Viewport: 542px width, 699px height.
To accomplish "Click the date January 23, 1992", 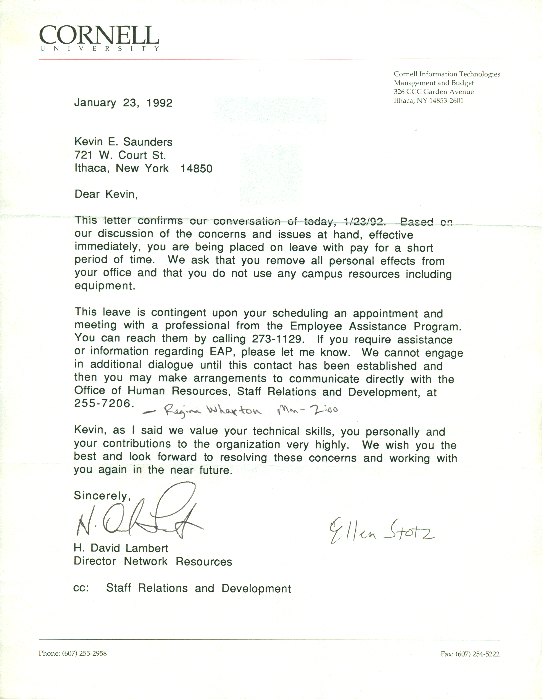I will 123,103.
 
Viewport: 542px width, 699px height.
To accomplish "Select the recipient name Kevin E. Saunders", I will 123,142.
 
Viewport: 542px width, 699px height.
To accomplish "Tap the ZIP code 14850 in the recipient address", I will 196,169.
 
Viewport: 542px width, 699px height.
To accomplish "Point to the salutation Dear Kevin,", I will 106,194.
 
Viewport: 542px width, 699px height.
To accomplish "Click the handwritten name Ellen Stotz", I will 381,533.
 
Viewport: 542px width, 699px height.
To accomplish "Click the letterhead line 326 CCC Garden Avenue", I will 434,92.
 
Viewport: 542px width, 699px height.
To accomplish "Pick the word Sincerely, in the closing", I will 102,496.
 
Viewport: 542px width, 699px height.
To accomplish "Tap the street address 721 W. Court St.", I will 120,155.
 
